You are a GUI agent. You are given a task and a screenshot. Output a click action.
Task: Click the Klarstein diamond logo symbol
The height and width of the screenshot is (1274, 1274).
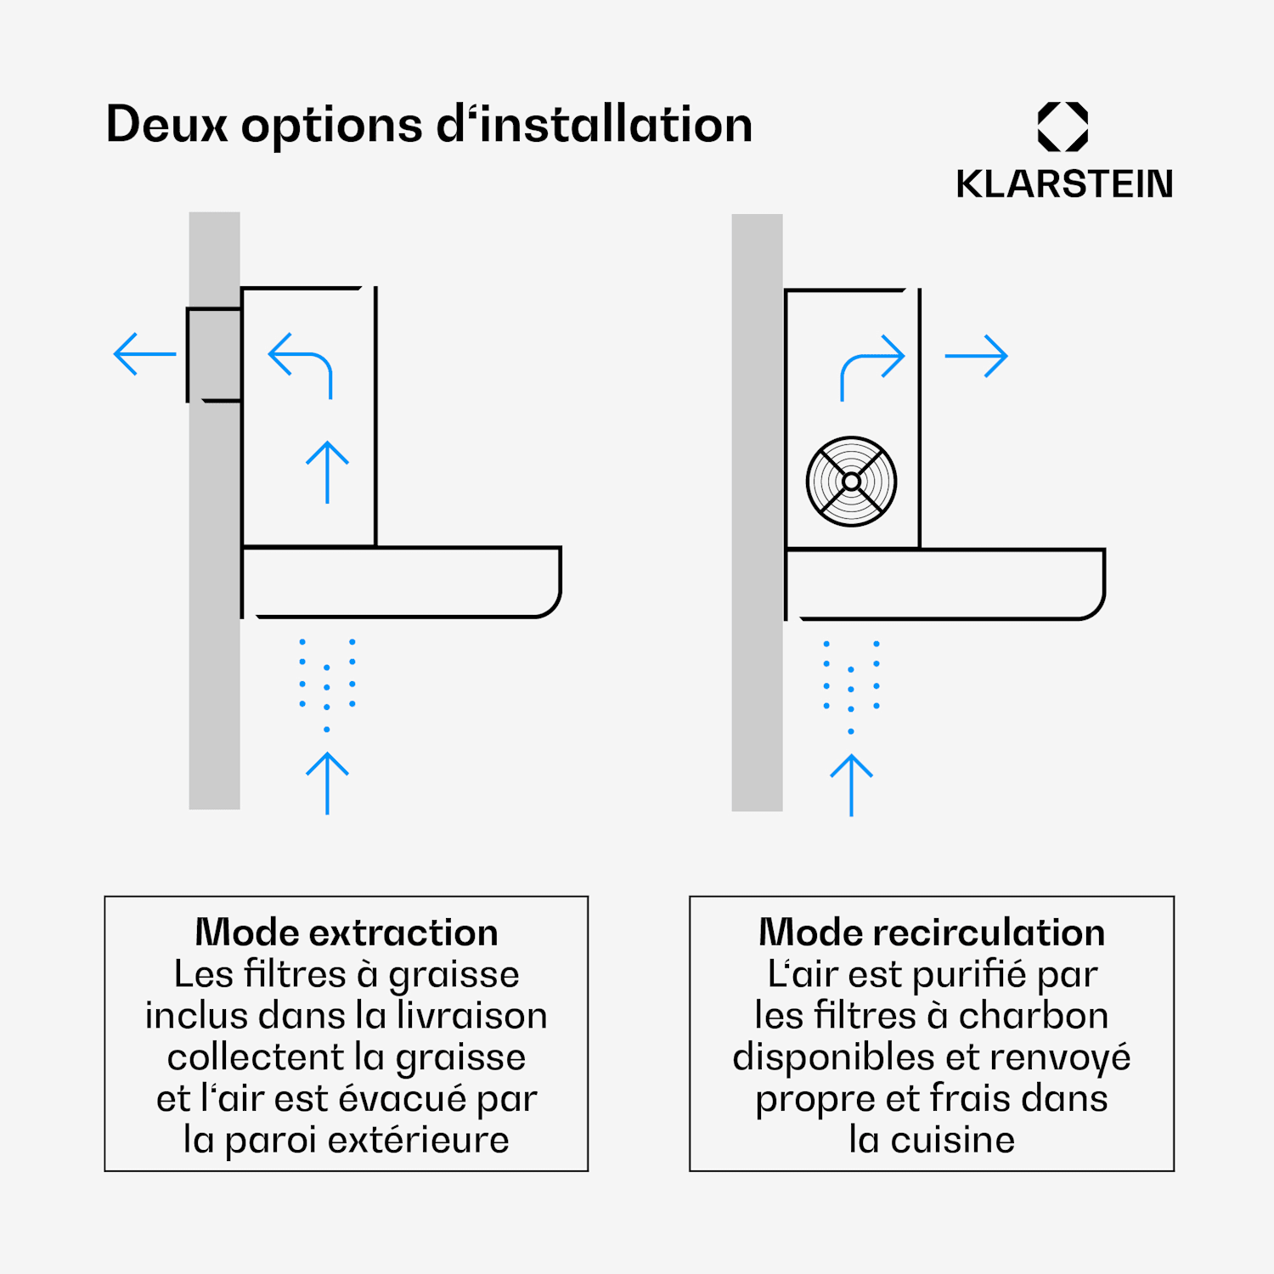pyautogui.click(x=1063, y=127)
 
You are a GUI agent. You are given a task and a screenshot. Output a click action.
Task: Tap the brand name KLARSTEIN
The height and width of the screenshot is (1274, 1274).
pyautogui.click(x=1064, y=183)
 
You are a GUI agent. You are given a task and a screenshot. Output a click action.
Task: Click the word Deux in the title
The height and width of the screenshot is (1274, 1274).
pyautogui.click(x=167, y=124)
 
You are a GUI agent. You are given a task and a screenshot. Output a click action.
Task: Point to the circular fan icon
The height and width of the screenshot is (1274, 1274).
pyautogui.click(x=851, y=482)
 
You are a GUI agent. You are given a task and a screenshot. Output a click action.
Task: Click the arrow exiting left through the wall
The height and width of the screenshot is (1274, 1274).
pyautogui.click(x=144, y=354)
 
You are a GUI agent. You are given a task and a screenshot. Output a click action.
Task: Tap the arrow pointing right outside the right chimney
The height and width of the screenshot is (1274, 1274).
pyautogui.click(x=977, y=356)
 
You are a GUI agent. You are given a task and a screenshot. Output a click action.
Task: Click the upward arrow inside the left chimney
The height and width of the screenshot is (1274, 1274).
pyautogui.click(x=327, y=472)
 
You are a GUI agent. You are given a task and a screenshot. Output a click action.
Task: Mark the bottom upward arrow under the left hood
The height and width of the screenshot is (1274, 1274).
pyautogui.click(x=327, y=783)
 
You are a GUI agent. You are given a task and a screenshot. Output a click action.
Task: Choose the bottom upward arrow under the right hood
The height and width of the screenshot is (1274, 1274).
pyautogui.click(x=851, y=786)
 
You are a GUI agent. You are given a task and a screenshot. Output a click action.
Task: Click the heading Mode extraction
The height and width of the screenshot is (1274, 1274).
pyautogui.click(x=347, y=933)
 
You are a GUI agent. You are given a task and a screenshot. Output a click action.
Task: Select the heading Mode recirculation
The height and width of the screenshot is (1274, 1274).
pyautogui.click(x=932, y=933)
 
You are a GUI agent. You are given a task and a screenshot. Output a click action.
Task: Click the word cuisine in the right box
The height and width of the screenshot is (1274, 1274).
pyautogui.click(x=953, y=1140)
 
